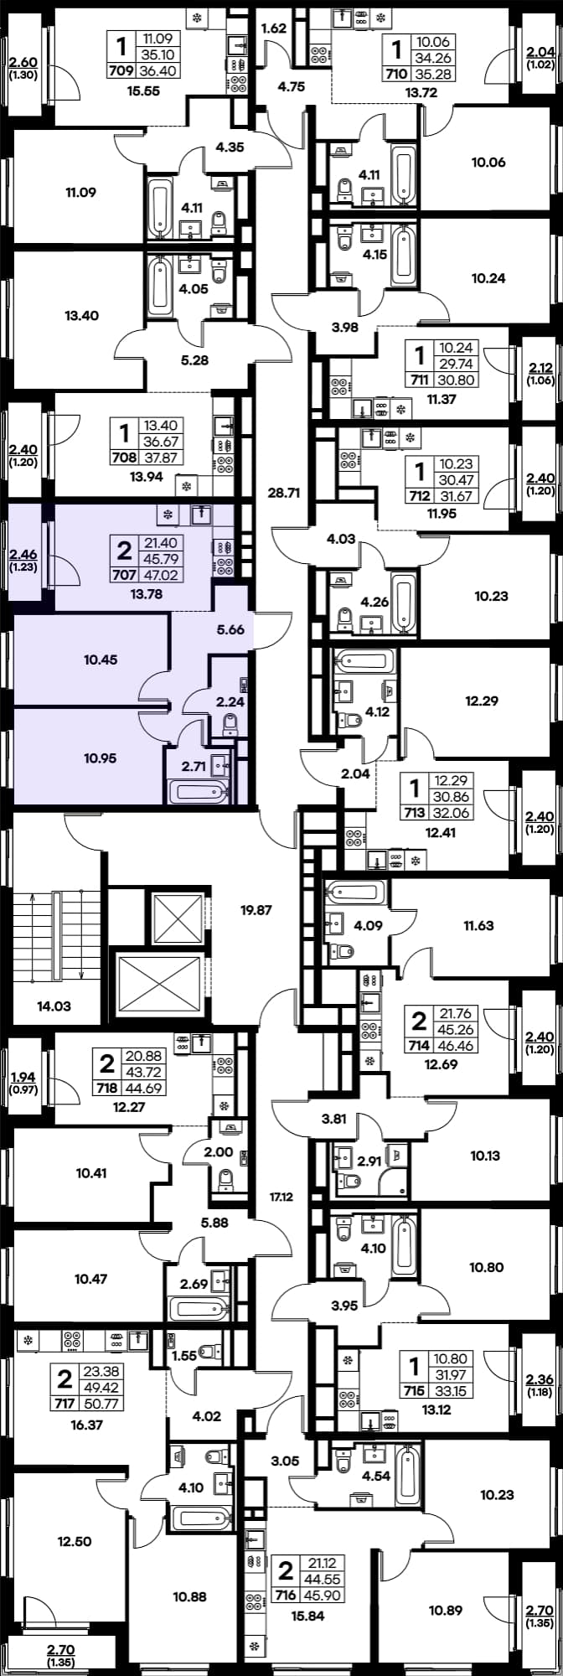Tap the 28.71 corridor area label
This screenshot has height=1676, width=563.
(283, 493)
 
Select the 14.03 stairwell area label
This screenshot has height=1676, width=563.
(54, 1006)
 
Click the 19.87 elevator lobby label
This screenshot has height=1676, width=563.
(256, 909)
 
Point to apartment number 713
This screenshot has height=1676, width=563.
(414, 814)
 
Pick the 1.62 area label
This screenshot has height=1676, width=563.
(274, 28)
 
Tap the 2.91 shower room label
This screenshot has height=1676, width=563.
(369, 1161)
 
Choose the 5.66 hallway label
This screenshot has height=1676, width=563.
(230, 629)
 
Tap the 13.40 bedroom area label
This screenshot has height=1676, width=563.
(81, 316)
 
